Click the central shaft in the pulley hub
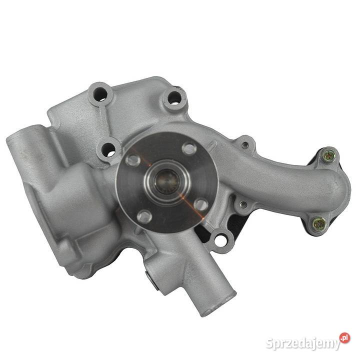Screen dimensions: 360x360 pos(167,181)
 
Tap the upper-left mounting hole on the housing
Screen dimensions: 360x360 pos(100,93)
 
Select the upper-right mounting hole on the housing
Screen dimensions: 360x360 pos(174,98)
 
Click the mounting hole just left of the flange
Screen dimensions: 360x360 pos(108,149)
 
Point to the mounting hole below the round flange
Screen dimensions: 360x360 pos(220,239)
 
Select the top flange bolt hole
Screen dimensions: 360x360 pos(189,149)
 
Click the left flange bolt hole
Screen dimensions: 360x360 pos(133,160)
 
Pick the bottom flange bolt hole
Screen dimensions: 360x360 pos(144,216)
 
